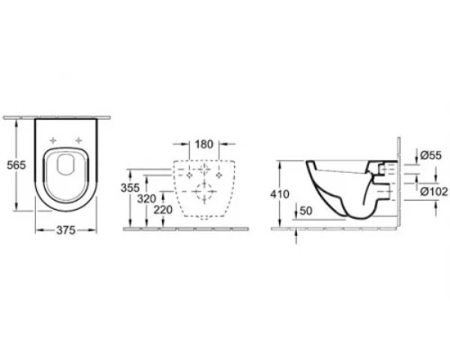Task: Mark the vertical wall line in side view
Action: [397, 180]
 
